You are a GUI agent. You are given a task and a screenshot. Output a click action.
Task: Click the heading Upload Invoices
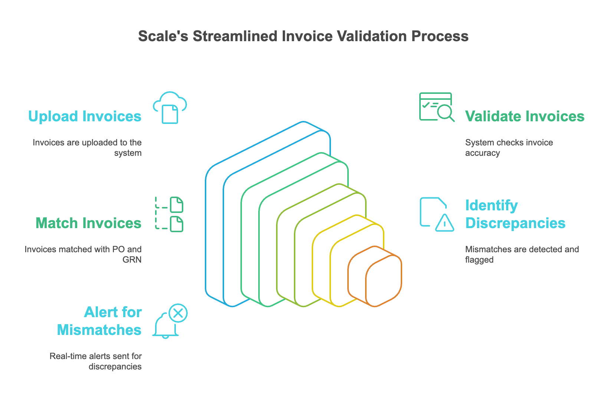(85, 116)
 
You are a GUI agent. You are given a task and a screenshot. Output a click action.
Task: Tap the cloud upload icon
(170, 108)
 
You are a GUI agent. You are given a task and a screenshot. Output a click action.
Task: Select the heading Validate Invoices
(525, 116)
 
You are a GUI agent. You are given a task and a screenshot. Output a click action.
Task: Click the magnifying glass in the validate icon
(445, 112)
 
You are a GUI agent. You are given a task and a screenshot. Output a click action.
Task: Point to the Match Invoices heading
(88, 223)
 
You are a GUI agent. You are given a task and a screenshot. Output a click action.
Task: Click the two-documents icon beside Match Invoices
(170, 214)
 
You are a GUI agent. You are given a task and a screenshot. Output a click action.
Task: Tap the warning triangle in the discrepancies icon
(444, 223)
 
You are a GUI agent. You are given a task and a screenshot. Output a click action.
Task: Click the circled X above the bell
(178, 313)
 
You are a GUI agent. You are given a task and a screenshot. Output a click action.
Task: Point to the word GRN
(132, 260)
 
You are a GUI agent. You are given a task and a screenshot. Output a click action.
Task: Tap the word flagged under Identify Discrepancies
(479, 260)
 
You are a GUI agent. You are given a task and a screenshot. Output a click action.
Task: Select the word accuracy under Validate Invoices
(482, 153)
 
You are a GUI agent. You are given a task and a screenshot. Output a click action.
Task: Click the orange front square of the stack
(384, 281)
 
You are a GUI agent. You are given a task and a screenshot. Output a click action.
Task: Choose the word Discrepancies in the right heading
(515, 223)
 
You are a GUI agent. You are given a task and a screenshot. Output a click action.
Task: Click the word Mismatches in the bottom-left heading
(99, 330)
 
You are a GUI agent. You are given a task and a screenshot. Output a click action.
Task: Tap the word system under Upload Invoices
(128, 153)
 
